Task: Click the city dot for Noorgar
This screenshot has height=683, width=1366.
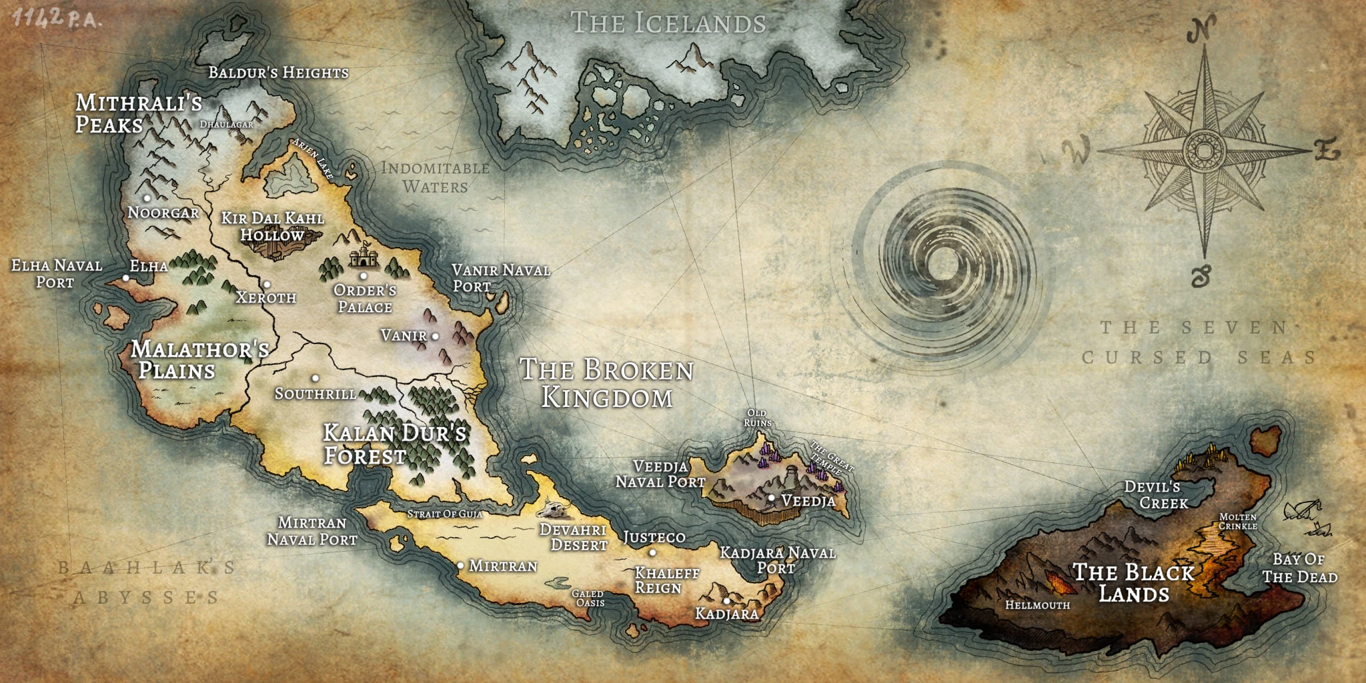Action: [147, 197]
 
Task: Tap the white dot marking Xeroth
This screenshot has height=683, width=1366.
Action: [266, 285]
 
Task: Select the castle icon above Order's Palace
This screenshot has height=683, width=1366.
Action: [363, 255]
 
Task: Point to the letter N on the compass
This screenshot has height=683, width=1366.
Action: [1201, 30]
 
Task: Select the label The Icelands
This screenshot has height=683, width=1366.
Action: [668, 23]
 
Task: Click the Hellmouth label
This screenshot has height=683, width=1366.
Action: [1037, 605]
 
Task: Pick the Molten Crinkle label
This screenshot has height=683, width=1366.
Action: [1237, 522]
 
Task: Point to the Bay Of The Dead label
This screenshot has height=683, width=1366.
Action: [1299, 568]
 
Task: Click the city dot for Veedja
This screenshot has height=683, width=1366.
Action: [771, 498]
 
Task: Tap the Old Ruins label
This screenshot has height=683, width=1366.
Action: [757, 418]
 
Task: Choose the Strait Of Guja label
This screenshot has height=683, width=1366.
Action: [444, 514]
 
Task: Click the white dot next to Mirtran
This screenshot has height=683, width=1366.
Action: [460, 565]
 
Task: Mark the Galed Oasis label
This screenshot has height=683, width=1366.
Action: [588, 598]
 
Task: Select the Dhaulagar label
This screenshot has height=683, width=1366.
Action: [227, 124]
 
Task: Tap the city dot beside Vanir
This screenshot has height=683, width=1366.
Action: [436, 336]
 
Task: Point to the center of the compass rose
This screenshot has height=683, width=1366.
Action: [1204, 151]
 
